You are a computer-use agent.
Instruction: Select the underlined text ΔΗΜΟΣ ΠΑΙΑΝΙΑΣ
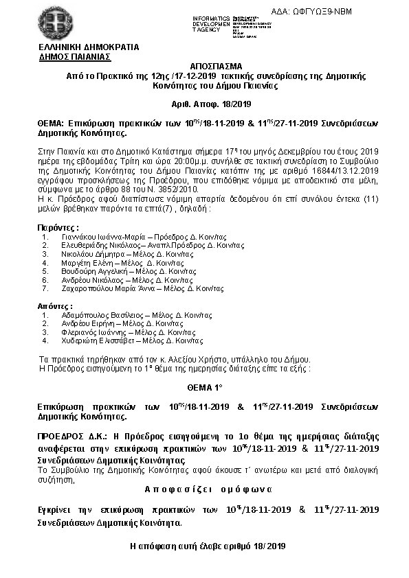click(76, 57)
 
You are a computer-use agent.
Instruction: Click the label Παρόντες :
click(57, 227)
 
